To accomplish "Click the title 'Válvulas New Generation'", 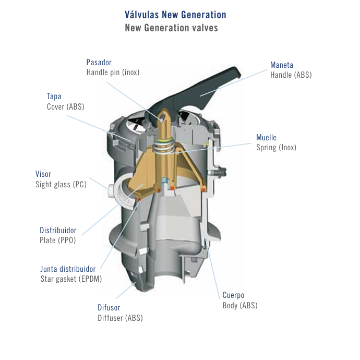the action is [x=175, y=15].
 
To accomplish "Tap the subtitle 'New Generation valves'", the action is [x=171, y=28].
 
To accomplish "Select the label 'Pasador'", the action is [x=99, y=62].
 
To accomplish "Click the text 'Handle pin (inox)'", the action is [x=113, y=73].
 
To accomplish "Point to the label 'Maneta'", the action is [x=282, y=65].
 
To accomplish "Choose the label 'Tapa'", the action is [x=54, y=97].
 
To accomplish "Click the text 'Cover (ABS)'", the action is [x=65, y=106].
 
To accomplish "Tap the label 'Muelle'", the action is [x=266, y=137].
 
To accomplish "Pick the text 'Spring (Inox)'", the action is [x=276, y=148].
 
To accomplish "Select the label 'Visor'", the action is [x=43, y=174].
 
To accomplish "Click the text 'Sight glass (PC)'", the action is [x=61, y=184].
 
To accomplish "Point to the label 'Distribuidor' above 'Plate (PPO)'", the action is [x=58, y=230].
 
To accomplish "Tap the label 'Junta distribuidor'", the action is [x=68, y=269].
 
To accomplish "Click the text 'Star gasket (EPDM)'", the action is [x=71, y=279].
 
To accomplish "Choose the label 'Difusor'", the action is [x=109, y=308].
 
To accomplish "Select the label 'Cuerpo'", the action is [x=233, y=295].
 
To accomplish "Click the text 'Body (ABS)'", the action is [x=240, y=306].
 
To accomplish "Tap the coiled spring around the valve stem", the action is [x=163, y=147].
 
